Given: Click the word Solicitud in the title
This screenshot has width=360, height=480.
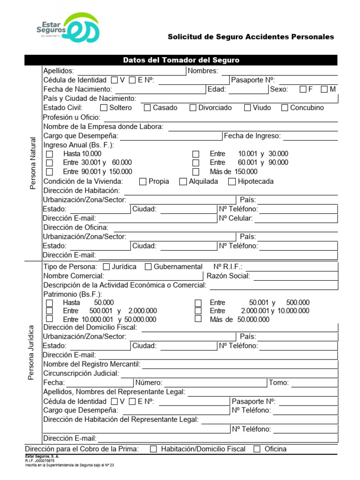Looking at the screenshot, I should pos(183,37).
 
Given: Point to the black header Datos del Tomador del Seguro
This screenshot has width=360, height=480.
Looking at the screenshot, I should pos(181,60).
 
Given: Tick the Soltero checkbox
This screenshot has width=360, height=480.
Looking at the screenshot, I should pos(104,108).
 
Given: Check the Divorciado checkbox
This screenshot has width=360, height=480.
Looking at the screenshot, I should pos(193,108).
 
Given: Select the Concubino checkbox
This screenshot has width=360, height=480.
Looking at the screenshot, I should pos(285,108).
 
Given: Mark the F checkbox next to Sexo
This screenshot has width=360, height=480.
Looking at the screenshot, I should pos(303,89).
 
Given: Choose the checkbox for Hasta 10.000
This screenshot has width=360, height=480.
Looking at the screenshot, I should pos(50,154).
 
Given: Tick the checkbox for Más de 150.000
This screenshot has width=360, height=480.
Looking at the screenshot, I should pos(196,172).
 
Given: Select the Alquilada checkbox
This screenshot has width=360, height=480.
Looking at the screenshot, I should pos(183,182).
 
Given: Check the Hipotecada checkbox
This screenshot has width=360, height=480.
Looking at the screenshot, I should pos(232,182).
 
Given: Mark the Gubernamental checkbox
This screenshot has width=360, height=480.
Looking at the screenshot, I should pos(148,267).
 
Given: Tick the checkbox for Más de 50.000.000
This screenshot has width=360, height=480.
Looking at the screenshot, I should pos(198,319).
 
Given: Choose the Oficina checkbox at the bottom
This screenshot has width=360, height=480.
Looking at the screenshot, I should pos(257,449).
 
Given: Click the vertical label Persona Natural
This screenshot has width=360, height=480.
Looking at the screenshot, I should pos(33,163).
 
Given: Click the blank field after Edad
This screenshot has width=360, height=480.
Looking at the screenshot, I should pos(247,90).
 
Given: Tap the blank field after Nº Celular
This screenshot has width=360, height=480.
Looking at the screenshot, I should pos(295,218).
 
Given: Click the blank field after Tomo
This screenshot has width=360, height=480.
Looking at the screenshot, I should pos(314,383).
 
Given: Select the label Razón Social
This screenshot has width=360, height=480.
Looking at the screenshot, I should pos(228,276).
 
